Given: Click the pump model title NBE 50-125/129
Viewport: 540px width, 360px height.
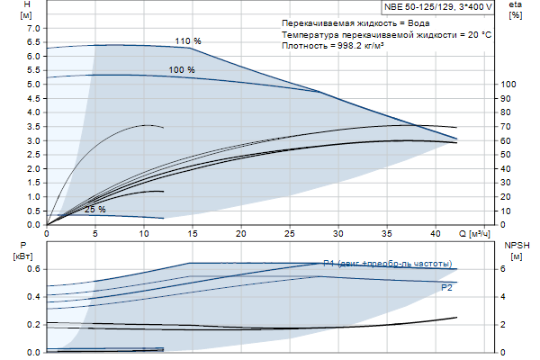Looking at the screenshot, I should pos(418,6).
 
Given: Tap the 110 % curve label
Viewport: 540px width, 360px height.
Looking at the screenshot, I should pos(188,41).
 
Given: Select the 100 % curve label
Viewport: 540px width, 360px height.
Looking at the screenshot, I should pos(182,69).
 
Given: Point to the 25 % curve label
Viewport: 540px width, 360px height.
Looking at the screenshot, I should pos(94,210).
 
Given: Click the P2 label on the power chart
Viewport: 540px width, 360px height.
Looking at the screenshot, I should pos(447,287).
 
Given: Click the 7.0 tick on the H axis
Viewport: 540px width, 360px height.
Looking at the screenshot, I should pos(34,28).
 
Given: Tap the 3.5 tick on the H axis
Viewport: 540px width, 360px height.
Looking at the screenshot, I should pos(34,126).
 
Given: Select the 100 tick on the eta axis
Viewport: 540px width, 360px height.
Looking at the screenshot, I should pos(508,84).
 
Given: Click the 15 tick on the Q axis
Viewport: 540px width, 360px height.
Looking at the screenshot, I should pos(193,233).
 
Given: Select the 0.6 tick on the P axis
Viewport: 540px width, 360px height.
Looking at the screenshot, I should pos(34,269).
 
